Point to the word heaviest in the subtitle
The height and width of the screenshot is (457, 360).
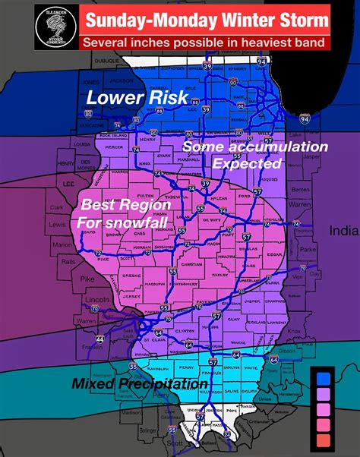[x=251, y=43]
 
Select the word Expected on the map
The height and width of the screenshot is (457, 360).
[x=248, y=162]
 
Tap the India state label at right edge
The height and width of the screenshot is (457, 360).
[x=343, y=230]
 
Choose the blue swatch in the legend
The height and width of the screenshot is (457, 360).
[x=323, y=377]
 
